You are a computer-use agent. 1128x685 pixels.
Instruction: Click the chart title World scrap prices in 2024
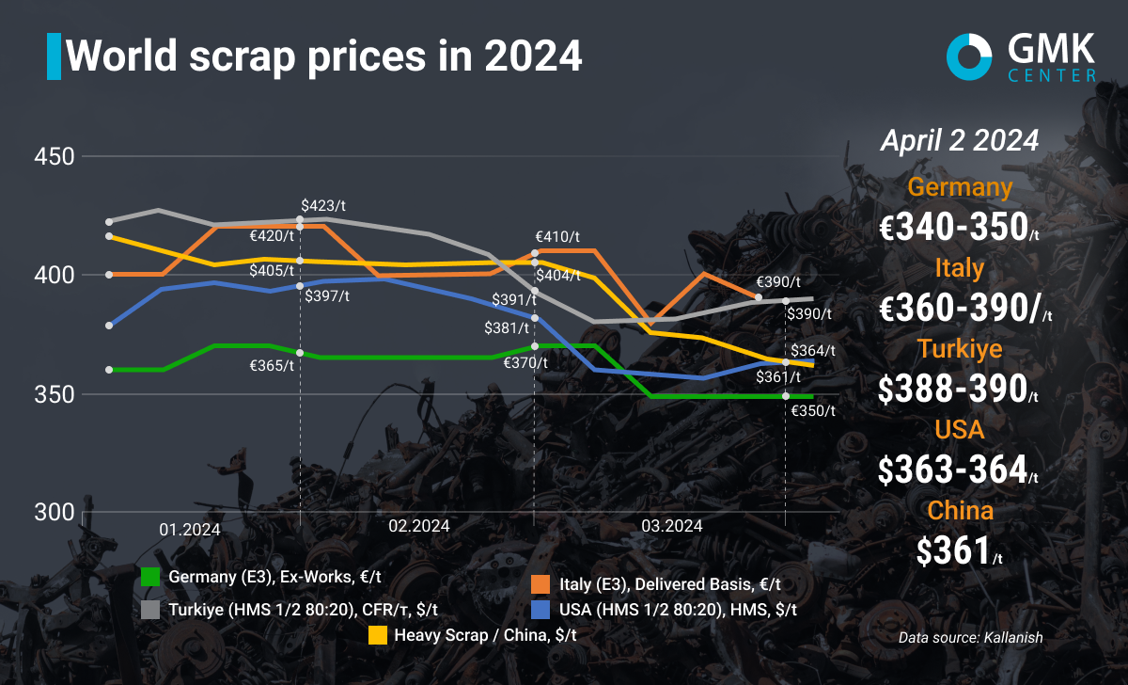point(324,56)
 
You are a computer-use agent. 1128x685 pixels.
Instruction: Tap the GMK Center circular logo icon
point(969,56)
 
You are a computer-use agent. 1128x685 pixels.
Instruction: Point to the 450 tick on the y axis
point(55,156)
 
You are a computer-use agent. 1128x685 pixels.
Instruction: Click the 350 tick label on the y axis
point(55,393)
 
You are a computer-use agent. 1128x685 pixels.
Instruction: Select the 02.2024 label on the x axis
point(419,525)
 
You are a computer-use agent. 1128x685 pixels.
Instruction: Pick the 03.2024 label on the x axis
point(671,525)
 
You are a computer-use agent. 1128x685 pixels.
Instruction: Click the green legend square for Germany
point(150,576)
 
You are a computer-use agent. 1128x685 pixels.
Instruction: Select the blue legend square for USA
point(540,609)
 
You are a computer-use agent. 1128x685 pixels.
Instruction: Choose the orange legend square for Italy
point(540,582)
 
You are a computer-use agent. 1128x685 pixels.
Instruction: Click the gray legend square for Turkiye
point(150,609)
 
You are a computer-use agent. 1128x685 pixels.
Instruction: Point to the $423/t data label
point(324,204)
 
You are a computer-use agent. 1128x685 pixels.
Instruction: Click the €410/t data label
point(558,237)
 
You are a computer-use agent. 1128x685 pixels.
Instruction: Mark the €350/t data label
point(813,410)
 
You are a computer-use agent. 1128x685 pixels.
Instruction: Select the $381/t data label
point(507,328)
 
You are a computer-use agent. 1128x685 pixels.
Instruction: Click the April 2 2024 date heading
point(959,141)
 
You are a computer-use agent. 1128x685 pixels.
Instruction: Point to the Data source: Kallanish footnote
point(970,637)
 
